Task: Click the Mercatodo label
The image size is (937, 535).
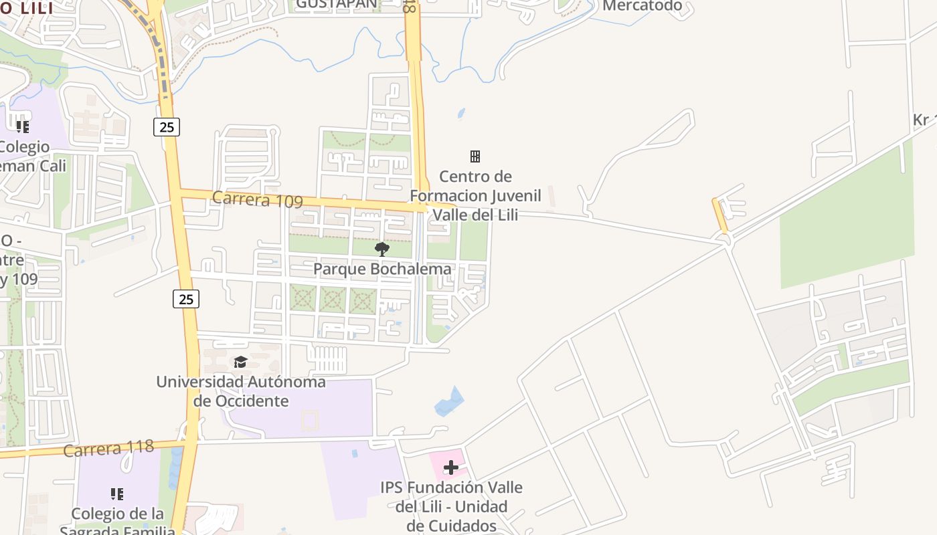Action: point(642,6)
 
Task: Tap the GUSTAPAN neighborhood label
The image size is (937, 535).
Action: point(336,4)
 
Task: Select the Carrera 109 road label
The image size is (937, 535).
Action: point(258,199)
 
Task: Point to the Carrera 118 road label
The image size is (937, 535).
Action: point(108,448)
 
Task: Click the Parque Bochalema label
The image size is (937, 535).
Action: point(382,269)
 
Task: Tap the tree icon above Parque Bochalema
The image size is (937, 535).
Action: point(382,250)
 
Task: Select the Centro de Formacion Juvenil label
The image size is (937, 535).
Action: point(475,195)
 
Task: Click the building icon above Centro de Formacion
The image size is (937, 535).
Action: point(475,156)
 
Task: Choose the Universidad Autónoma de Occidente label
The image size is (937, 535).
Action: point(241,391)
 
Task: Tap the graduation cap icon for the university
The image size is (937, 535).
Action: point(240,362)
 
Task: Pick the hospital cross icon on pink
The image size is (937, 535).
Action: point(451,467)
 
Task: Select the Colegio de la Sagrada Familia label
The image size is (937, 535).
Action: point(117,522)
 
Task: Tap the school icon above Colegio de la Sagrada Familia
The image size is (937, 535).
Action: point(117,494)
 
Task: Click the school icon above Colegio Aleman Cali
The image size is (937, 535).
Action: point(23,126)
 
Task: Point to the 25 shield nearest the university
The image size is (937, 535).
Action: point(186,299)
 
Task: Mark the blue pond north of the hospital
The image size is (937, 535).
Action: point(448,402)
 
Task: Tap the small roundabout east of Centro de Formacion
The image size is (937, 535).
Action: point(723,238)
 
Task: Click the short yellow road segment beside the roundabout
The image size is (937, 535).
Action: point(719,215)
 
